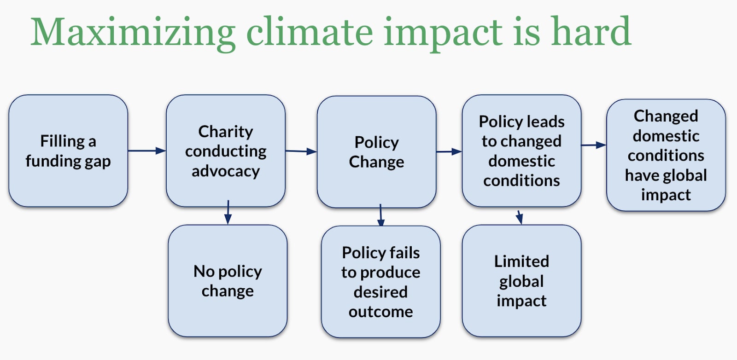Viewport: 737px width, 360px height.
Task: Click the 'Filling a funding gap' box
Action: (x=68, y=151)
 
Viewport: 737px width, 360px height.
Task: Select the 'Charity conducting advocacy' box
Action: (x=226, y=151)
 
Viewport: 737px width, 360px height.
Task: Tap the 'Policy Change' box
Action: (x=377, y=152)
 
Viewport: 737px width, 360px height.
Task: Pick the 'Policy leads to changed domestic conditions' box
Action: (x=521, y=151)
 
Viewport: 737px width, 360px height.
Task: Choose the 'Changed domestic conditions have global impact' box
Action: (x=666, y=155)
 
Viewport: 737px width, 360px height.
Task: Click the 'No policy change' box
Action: (x=228, y=281)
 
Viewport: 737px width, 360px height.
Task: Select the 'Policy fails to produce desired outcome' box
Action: (x=380, y=282)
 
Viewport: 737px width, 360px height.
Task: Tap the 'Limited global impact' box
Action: (x=521, y=281)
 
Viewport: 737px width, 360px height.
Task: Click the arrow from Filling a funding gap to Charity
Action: (x=147, y=151)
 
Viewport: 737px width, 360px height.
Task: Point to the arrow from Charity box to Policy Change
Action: (x=301, y=151)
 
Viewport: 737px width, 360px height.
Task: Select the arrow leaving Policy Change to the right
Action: (x=449, y=151)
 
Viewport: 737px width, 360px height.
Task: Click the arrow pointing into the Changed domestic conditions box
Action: (x=594, y=145)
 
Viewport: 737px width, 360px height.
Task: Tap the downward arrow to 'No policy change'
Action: (x=228, y=212)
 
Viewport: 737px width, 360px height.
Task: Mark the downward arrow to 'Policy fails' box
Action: (x=380, y=215)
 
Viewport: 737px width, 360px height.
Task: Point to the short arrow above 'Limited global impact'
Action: (x=519, y=217)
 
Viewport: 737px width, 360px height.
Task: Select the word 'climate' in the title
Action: (x=309, y=31)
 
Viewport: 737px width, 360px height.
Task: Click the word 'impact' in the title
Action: (x=443, y=34)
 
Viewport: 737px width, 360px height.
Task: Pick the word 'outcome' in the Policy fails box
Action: (x=380, y=312)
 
